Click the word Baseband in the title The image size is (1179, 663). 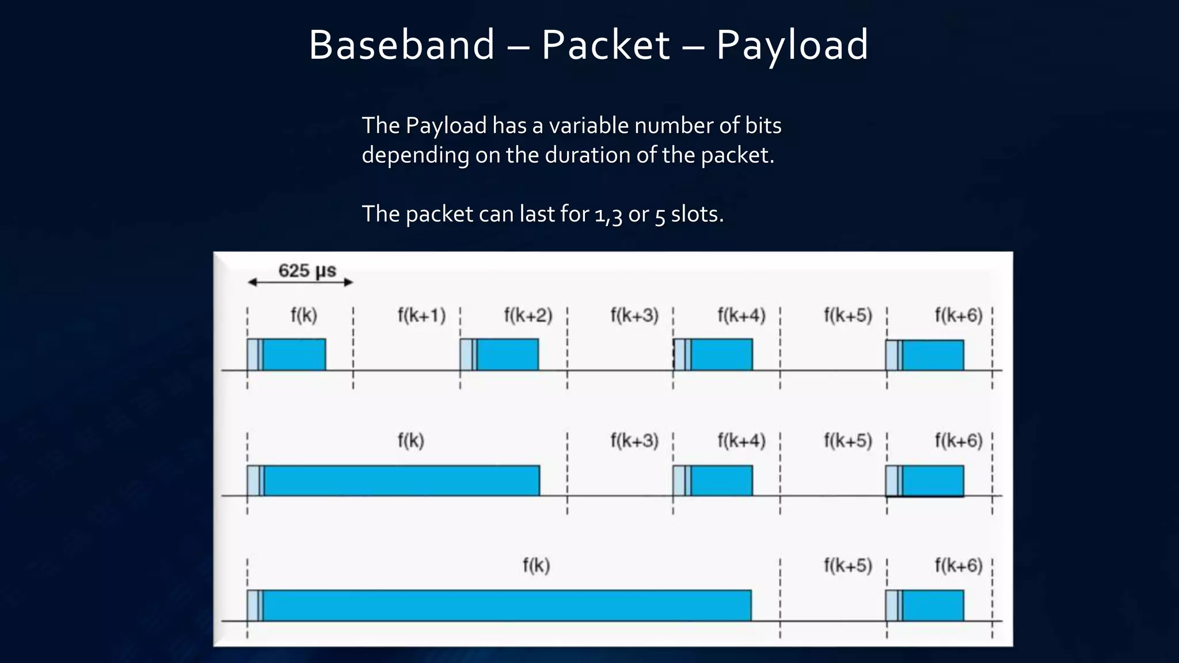point(401,45)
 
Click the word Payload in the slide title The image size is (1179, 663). point(792,45)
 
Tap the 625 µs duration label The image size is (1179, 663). point(307,270)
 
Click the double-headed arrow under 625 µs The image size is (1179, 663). point(300,282)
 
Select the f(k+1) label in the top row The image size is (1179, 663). point(421,315)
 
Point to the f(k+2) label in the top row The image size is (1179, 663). point(528,315)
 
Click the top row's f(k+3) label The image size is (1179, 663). point(634,315)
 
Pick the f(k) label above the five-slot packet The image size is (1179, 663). point(536,566)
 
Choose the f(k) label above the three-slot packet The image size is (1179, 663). point(410,441)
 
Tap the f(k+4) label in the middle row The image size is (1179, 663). point(741,441)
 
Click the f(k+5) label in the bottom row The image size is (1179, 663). point(847,566)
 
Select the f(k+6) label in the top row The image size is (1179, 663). point(958,315)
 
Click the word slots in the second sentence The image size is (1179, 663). point(697,214)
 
